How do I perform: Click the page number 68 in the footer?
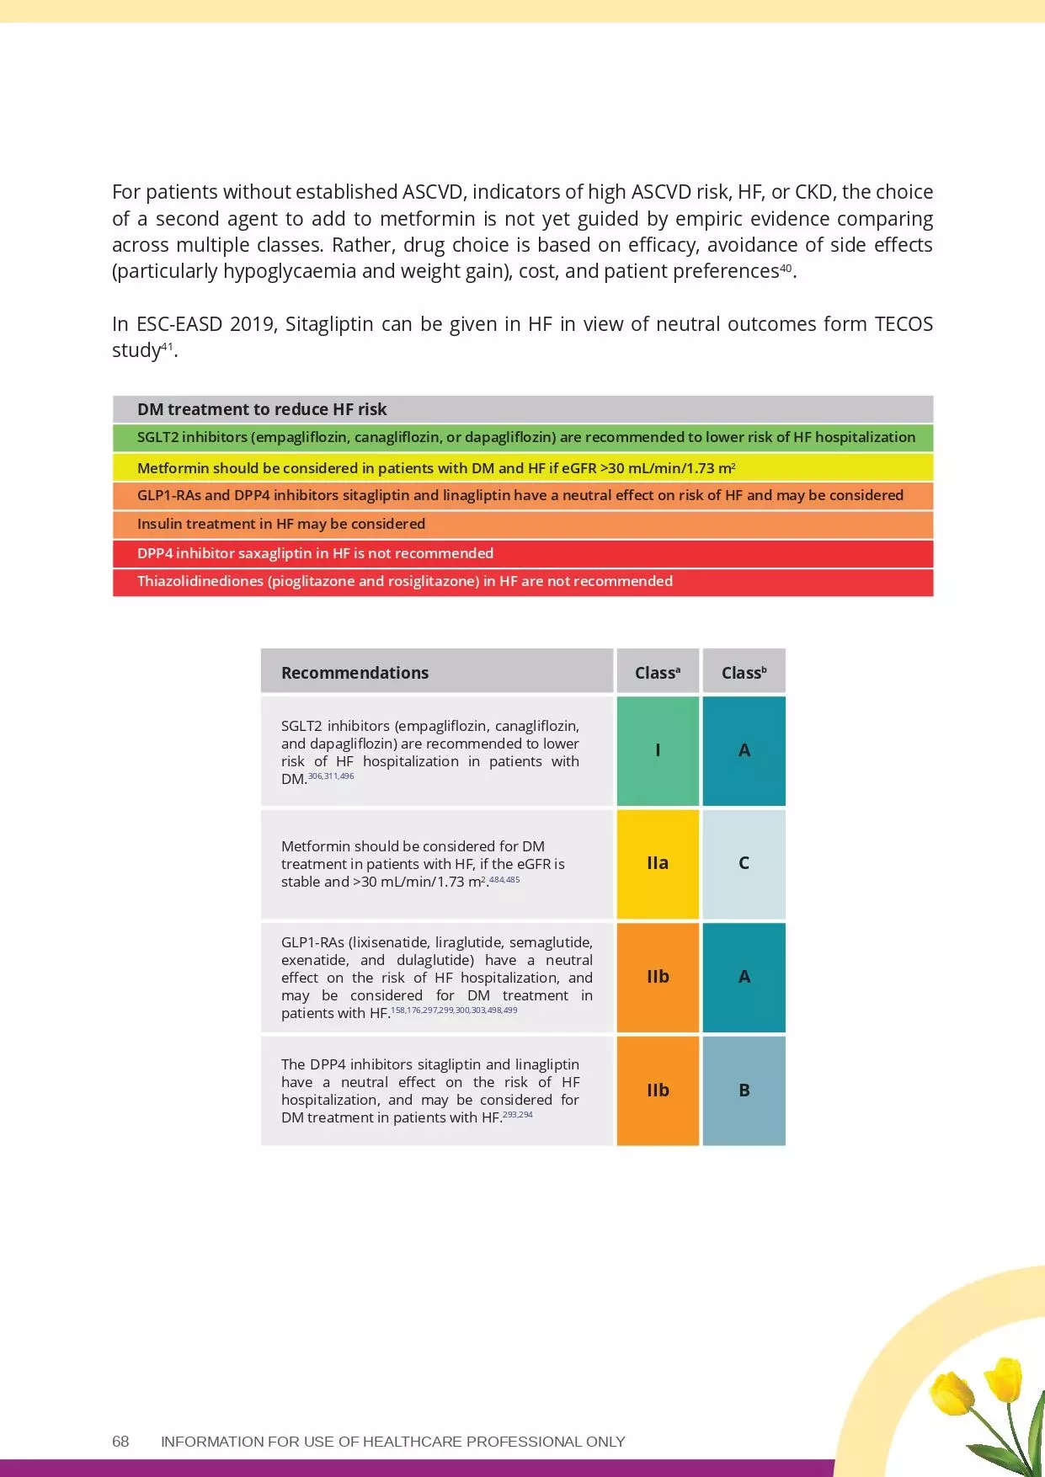click(120, 1441)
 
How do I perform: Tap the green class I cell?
click(658, 750)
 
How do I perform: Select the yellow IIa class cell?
click(658, 863)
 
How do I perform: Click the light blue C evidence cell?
click(744, 863)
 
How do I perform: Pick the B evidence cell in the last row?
click(744, 1090)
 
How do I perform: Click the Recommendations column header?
click(355, 673)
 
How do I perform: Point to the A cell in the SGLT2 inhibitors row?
click(744, 750)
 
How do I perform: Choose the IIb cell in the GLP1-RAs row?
click(658, 977)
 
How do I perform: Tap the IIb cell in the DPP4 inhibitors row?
click(658, 1090)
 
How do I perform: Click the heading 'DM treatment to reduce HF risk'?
click(262, 409)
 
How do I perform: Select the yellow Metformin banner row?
click(522, 468)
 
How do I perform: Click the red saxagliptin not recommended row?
click(522, 553)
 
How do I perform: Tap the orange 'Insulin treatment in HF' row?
click(522, 524)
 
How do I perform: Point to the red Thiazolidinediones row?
click(522, 582)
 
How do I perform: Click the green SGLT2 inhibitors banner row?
click(522, 438)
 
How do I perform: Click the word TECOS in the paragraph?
click(904, 324)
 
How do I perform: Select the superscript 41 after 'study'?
click(167, 346)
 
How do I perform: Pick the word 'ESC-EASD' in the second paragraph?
click(179, 324)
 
